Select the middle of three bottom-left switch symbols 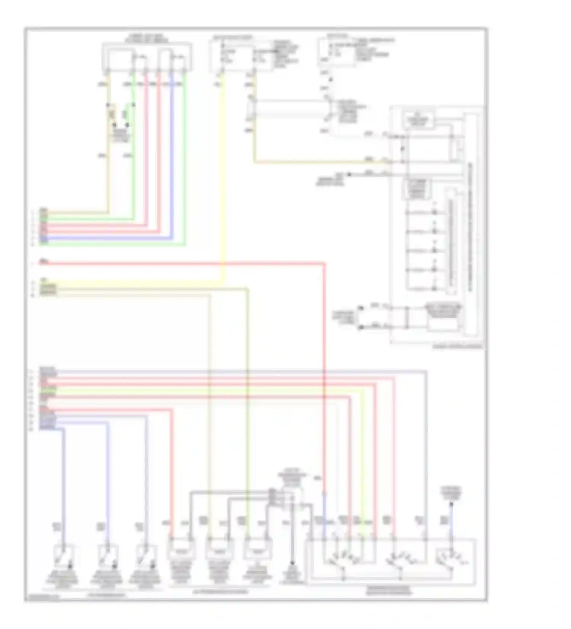(x=108, y=557)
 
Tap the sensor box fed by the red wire (x=181, y=551)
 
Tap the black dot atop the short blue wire (x=451, y=505)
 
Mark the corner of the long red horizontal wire (x=324, y=263)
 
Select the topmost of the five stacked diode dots (x=434, y=212)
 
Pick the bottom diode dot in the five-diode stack (x=434, y=288)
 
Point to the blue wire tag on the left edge (x=44, y=239)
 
